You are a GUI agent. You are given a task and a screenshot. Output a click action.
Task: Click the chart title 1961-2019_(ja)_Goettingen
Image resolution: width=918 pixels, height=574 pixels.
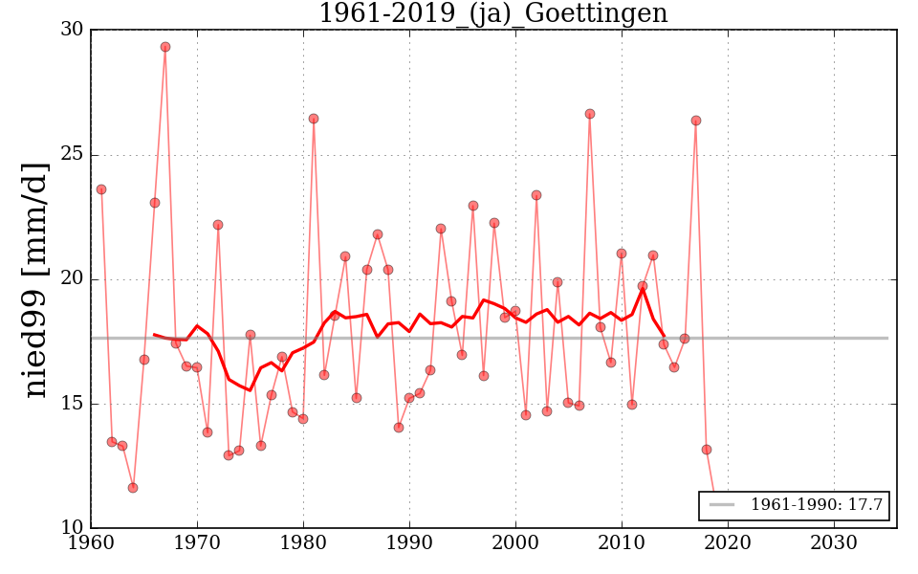(x=492, y=14)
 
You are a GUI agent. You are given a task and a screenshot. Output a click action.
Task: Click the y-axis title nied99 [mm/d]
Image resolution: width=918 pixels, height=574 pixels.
(x=36, y=278)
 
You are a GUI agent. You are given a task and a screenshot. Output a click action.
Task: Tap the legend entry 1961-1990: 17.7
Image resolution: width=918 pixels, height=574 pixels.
(x=794, y=505)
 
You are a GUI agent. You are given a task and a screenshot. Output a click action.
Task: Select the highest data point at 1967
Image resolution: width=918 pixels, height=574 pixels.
(x=165, y=47)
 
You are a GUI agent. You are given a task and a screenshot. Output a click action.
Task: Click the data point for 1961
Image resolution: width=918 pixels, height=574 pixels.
(x=101, y=189)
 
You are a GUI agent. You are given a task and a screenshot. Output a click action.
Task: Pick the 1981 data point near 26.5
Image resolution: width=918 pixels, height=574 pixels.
(x=314, y=119)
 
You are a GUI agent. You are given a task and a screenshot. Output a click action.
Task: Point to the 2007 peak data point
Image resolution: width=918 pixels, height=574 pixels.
(x=590, y=114)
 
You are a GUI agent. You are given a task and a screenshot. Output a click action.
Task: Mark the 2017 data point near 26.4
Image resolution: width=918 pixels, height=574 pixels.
(x=696, y=121)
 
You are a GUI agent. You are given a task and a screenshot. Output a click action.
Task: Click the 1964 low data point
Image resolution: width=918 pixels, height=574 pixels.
(x=133, y=488)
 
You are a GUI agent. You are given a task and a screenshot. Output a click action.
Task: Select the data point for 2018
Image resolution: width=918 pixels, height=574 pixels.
(x=707, y=450)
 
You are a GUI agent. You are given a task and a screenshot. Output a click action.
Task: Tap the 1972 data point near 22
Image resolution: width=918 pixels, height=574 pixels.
(x=218, y=225)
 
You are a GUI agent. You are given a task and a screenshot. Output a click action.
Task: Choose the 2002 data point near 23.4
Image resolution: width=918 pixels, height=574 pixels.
(x=536, y=195)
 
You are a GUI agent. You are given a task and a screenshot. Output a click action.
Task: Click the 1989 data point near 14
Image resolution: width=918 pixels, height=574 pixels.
(x=399, y=428)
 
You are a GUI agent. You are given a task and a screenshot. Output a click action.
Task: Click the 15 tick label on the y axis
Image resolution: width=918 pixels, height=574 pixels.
(x=72, y=404)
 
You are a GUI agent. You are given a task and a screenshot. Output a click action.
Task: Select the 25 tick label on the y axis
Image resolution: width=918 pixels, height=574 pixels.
(x=72, y=155)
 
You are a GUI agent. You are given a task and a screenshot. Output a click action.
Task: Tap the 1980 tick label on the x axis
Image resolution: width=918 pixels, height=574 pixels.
(x=304, y=542)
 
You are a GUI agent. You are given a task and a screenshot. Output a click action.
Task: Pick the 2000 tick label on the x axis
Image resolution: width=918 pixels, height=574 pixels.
(x=516, y=542)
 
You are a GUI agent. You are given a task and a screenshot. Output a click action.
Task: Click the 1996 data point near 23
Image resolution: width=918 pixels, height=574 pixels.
(x=473, y=206)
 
